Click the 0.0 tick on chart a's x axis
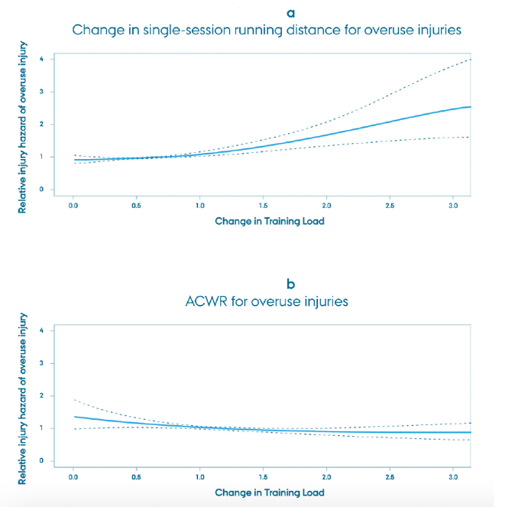click(x=73, y=206)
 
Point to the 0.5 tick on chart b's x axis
click(x=137, y=478)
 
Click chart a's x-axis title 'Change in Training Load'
click(x=269, y=221)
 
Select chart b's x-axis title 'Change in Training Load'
click(x=269, y=492)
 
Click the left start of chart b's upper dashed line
click(x=73, y=399)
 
